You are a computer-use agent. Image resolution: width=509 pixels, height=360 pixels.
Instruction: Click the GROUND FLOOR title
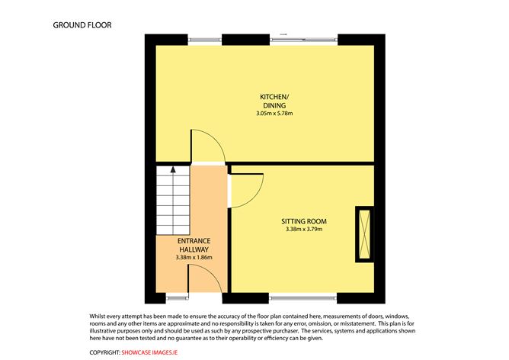point(82,24)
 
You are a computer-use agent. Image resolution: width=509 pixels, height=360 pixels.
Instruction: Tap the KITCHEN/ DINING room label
point(274,101)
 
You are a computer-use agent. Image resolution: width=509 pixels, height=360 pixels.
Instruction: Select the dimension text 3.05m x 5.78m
point(274,114)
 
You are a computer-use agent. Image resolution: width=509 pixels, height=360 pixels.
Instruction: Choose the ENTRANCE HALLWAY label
point(194,245)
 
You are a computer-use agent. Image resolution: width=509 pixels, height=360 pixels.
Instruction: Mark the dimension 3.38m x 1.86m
point(194,258)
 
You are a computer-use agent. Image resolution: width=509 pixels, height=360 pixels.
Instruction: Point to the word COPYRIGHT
point(104,352)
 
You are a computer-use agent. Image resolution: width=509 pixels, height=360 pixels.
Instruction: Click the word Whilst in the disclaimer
point(100,316)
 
